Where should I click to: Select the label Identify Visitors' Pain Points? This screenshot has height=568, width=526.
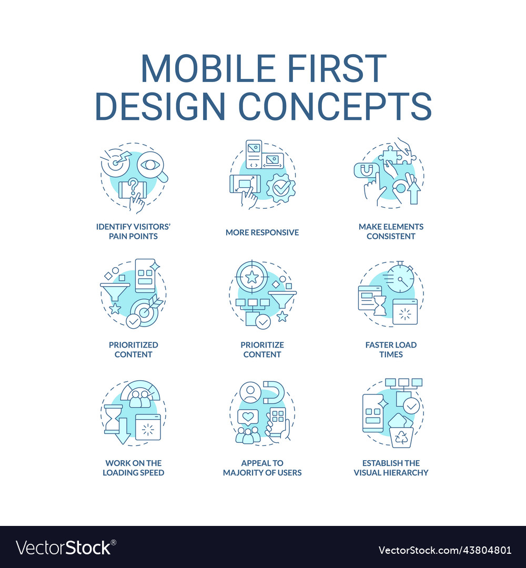[x=134, y=231]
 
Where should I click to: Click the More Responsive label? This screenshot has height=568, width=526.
[x=262, y=232]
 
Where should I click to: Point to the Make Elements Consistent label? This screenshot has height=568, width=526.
[x=391, y=231]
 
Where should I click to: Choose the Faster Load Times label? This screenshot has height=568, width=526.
[x=391, y=350]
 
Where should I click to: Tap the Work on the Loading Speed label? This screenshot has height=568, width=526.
[x=134, y=468]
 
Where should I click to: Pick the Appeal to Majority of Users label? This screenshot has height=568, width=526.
[x=262, y=468]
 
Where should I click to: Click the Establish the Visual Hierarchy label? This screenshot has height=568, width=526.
[x=391, y=468]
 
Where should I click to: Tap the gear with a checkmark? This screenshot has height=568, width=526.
[x=280, y=188]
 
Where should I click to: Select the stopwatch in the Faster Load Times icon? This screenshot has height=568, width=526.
[x=400, y=280]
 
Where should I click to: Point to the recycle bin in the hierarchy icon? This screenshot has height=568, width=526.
[x=401, y=435]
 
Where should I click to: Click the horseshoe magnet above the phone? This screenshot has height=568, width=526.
[x=274, y=391]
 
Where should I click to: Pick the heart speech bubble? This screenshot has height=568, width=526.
[x=246, y=417]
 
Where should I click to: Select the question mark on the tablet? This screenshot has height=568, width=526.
[x=133, y=185]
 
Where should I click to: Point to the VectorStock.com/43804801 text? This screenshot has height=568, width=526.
[x=445, y=550]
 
